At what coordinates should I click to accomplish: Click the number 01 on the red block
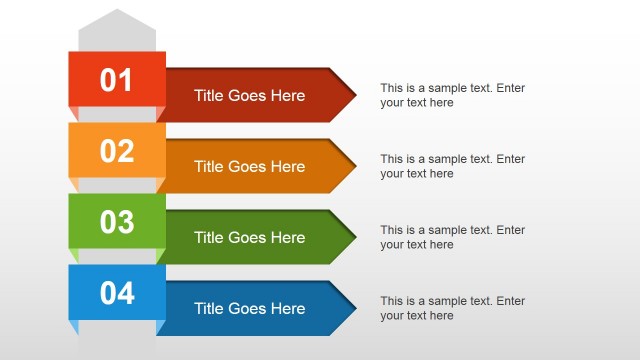[117, 80]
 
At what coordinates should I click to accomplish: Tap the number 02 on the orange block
[117, 151]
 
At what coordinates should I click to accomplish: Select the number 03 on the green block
[117, 222]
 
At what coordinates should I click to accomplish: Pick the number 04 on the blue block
[117, 293]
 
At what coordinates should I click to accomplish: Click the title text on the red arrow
[249, 96]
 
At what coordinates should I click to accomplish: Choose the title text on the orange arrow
[249, 166]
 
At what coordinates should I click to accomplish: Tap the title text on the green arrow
[249, 237]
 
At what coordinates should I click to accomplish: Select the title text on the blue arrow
[249, 308]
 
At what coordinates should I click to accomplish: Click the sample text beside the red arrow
[452, 95]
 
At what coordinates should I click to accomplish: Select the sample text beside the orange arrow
[452, 166]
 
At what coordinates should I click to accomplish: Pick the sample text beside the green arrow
[452, 237]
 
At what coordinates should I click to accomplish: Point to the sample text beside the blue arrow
[452, 308]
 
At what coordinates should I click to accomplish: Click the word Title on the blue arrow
[209, 308]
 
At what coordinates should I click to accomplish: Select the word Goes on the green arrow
[248, 237]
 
